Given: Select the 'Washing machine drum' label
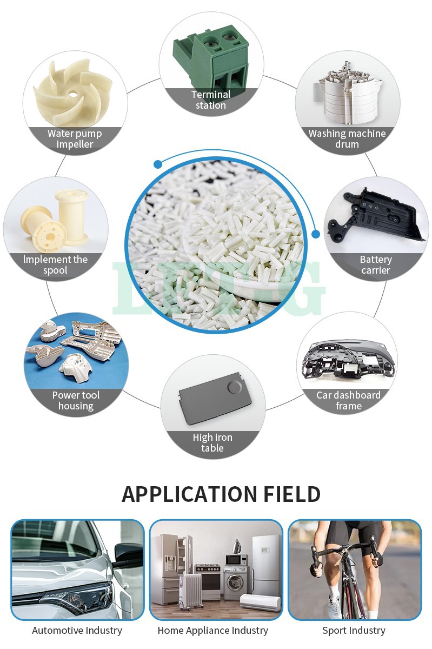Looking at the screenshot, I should coord(347,139).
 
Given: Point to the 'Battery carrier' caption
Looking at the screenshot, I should coord(376,265).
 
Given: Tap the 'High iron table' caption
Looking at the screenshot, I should coord(212,443).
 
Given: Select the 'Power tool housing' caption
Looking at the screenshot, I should coord(76,401).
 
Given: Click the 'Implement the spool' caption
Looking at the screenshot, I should coord(55,265).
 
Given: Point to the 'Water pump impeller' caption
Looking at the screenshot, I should coord(75,139).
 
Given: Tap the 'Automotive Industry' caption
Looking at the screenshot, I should coord(77,631).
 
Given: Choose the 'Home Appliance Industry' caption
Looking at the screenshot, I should coord(213,631).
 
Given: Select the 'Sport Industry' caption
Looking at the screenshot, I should coord(354,631).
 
